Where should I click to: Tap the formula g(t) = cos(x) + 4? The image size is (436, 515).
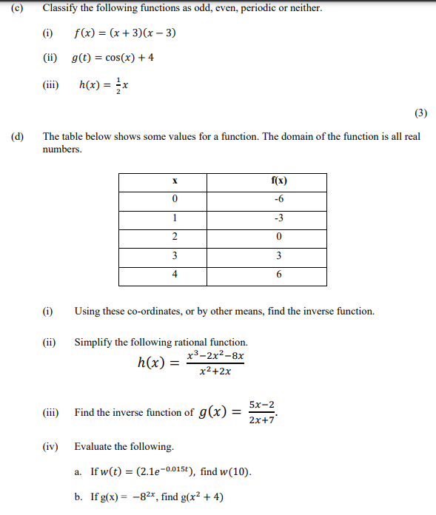coord(113,58)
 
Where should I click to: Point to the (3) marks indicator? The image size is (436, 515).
coord(420,113)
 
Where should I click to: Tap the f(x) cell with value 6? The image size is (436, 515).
coord(279,275)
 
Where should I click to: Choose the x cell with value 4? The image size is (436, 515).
coord(174,275)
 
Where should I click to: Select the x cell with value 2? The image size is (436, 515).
coord(174,238)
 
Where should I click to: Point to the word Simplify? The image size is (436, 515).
coord(93,343)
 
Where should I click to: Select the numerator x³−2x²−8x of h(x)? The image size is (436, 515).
coord(215,356)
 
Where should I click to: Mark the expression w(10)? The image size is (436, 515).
coord(235,471)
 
